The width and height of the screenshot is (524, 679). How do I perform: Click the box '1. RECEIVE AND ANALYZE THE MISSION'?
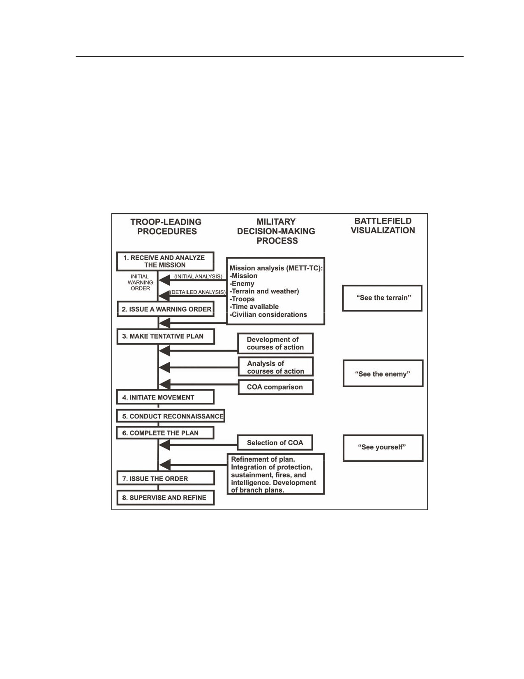tap(165, 261)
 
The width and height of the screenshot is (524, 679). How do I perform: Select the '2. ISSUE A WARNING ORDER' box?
tap(165, 309)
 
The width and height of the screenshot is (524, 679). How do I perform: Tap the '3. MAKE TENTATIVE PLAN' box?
tap(165, 337)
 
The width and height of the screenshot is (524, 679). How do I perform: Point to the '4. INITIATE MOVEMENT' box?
tap(165, 397)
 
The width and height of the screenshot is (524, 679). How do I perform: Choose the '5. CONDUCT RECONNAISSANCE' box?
tap(171, 416)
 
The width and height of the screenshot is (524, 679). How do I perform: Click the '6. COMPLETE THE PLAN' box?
tap(165, 433)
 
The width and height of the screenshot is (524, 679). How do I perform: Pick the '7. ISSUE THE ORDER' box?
tap(165, 479)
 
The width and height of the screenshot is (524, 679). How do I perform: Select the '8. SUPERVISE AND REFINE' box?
tap(165, 498)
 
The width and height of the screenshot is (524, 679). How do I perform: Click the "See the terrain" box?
tap(382, 298)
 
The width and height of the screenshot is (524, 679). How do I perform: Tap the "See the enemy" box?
tap(383, 373)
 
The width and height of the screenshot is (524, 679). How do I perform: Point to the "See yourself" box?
tap(383, 448)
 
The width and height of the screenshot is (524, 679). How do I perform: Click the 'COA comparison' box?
tap(276, 387)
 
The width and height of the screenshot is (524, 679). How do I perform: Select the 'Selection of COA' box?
tap(275, 442)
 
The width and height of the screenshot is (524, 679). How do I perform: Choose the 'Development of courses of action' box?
tap(276, 343)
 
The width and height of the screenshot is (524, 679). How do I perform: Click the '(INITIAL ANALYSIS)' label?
tap(198, 277)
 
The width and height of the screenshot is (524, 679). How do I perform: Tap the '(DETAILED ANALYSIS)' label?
tap(198, 292)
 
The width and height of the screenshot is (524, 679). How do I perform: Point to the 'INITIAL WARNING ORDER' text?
tap(140, 282)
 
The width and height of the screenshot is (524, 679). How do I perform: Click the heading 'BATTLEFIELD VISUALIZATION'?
tap(383, 226)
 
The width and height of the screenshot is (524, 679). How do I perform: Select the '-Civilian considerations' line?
tap(268, 315)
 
